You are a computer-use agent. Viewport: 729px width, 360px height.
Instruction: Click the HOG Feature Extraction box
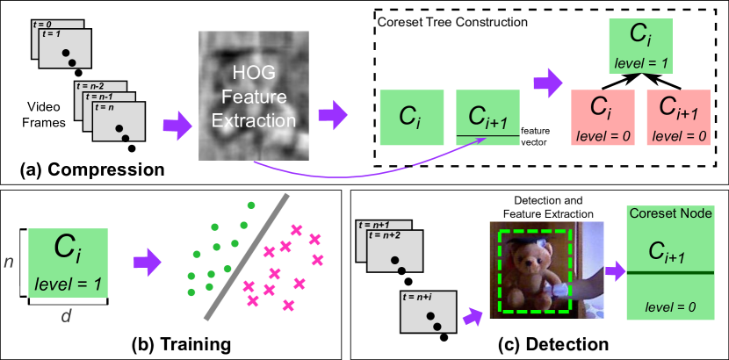254,96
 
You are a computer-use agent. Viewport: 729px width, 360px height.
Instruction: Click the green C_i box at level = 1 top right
640,46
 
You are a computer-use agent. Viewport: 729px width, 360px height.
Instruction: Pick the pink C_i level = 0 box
602,117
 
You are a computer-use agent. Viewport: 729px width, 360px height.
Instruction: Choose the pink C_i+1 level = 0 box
678,117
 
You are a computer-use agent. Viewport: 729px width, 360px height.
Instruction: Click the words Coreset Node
669,213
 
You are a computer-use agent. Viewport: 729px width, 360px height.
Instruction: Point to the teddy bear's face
531,258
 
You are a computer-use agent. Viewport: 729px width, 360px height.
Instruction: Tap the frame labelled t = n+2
394,252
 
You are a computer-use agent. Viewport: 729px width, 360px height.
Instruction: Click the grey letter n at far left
10,261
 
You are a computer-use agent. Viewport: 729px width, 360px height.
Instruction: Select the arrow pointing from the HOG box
332,112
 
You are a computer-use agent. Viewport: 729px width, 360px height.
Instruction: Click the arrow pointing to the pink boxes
547,83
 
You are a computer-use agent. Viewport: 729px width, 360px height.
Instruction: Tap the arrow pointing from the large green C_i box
147,261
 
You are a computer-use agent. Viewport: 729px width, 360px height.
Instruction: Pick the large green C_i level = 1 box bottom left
69,261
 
